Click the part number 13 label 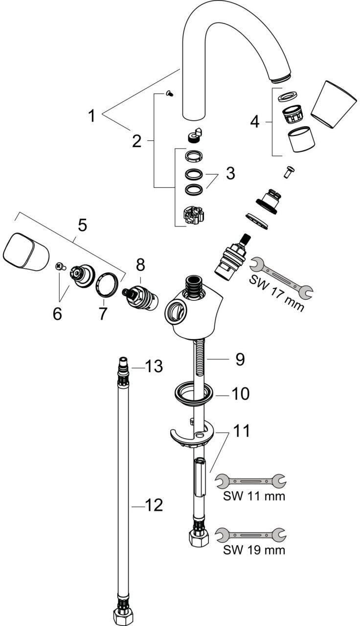[154, 366]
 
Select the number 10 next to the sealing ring [240, 394]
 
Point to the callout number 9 [240, 359]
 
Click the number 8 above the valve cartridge [140, 265]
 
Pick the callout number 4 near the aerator [255, 122]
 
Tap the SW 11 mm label [254, 496]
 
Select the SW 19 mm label [254, 550]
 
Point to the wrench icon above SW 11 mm [251, 481]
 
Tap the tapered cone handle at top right [334, 105]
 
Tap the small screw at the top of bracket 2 [169, 93]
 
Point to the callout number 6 [57, 314]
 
